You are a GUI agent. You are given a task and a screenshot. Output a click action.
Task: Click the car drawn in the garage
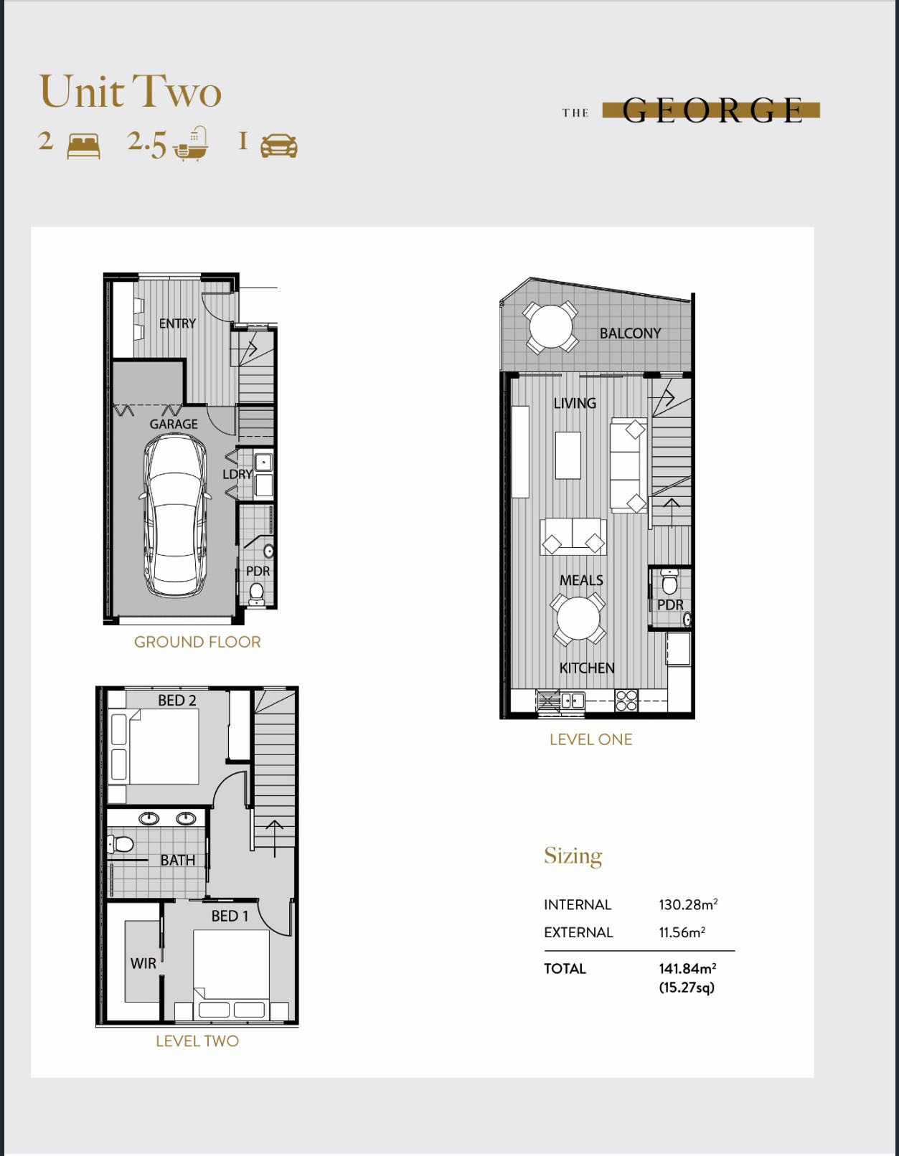[x=174, y=516]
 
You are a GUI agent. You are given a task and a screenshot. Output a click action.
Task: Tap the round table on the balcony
[x=551, y=326]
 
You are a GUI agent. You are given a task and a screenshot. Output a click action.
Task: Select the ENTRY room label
[x=177, y=323]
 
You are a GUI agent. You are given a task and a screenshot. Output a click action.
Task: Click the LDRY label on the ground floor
[x=237, y=473]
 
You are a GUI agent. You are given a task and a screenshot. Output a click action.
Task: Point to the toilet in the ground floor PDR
[x=257, y=594]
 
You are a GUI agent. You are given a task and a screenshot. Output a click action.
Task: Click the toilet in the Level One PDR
[x=669, y=582]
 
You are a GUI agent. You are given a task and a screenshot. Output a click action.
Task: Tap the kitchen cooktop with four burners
[x=626, y=700]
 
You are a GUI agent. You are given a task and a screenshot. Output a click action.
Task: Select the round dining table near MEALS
[x=578, y=619]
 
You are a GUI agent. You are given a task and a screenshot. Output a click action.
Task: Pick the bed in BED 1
[x=231, y=974]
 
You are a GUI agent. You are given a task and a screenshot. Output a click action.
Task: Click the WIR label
[x=143, y=963]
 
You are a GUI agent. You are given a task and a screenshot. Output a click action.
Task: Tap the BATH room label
[x=178, y=860]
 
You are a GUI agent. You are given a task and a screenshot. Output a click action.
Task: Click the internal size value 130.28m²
[x=688, y=904]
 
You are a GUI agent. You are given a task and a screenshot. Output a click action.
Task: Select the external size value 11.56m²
[x=682, y=932]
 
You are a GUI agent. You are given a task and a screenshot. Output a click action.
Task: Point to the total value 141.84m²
[x=687, y=968]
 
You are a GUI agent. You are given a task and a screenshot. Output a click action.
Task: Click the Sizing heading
[x=573, y=856]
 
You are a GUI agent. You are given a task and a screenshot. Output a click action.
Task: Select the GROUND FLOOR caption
[x=197, y=642]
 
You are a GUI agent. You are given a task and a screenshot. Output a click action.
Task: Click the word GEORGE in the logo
[x=712, y=110]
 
